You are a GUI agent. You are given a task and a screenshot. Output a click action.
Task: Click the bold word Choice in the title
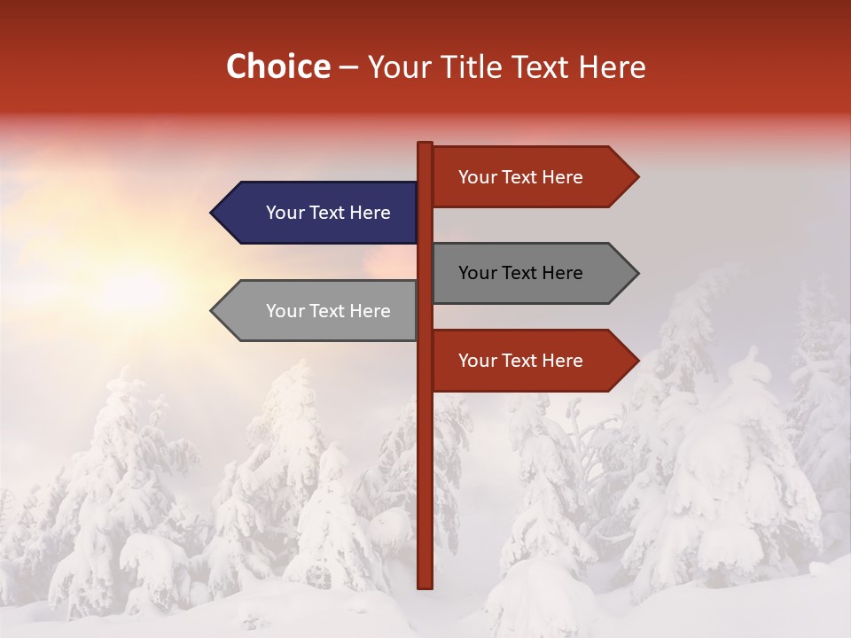point(277,67)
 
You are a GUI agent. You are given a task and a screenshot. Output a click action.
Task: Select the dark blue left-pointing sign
point(319,213)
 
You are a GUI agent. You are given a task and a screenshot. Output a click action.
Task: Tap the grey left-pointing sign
point(319,311)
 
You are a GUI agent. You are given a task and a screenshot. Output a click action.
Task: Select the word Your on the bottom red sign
point(477,361)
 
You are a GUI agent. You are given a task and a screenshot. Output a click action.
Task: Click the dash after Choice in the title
point(348,68)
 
